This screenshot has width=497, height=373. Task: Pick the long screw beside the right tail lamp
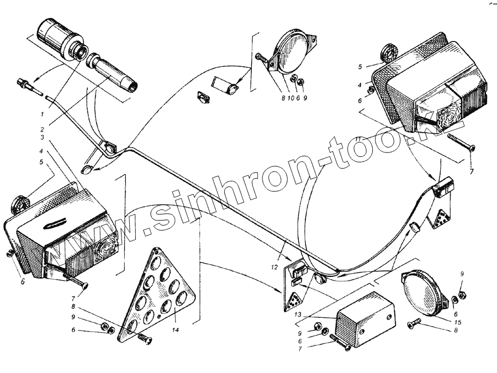pyautogui.click(x=462, y=141)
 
